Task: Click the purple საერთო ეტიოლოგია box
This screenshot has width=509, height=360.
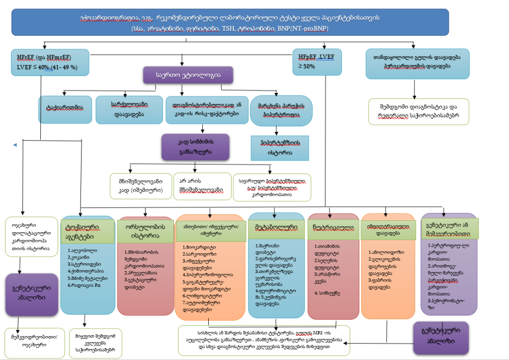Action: point(188,76)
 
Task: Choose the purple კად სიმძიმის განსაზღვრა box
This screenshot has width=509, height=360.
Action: point(195,147)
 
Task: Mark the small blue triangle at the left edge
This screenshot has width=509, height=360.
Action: point(14,145)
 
